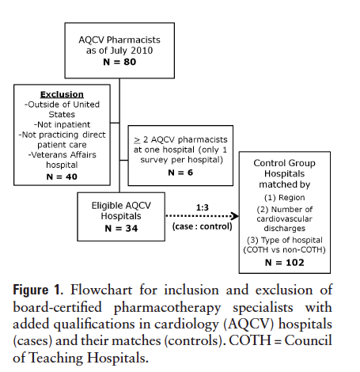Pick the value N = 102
click(x=284, y=260)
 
